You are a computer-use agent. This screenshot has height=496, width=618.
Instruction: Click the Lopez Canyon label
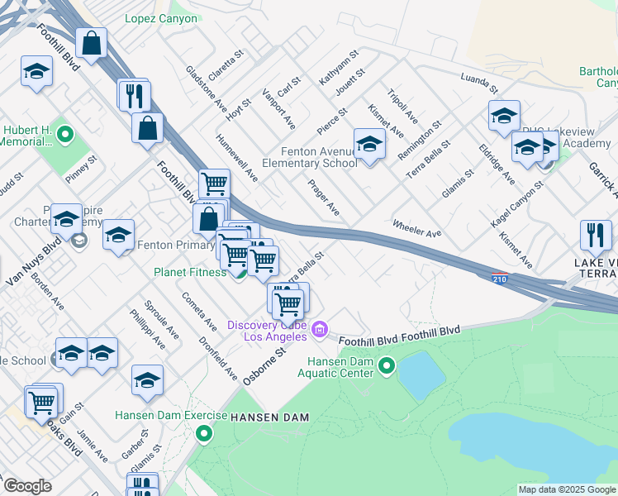coord(161,18)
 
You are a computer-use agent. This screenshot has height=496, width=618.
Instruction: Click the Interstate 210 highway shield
coord(499,279)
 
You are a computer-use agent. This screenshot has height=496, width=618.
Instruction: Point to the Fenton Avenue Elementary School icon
coord(369,145)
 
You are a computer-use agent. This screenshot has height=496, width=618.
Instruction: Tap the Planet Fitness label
coord(189,272)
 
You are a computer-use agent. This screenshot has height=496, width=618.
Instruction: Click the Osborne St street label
coord(263,365)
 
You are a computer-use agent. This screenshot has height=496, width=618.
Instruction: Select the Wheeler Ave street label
coord(416,228)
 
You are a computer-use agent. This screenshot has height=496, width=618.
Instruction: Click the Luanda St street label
coord(480,82)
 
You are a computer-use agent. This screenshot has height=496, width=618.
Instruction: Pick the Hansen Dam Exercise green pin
coord(205,432)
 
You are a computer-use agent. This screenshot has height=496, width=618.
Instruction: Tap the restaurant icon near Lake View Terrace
coord(595,235)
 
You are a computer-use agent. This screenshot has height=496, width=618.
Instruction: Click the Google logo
coord(27,486)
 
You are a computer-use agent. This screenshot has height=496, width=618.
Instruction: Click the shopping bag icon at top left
coord(92,42)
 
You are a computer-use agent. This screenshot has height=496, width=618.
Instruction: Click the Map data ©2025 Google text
coord(567,489)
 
